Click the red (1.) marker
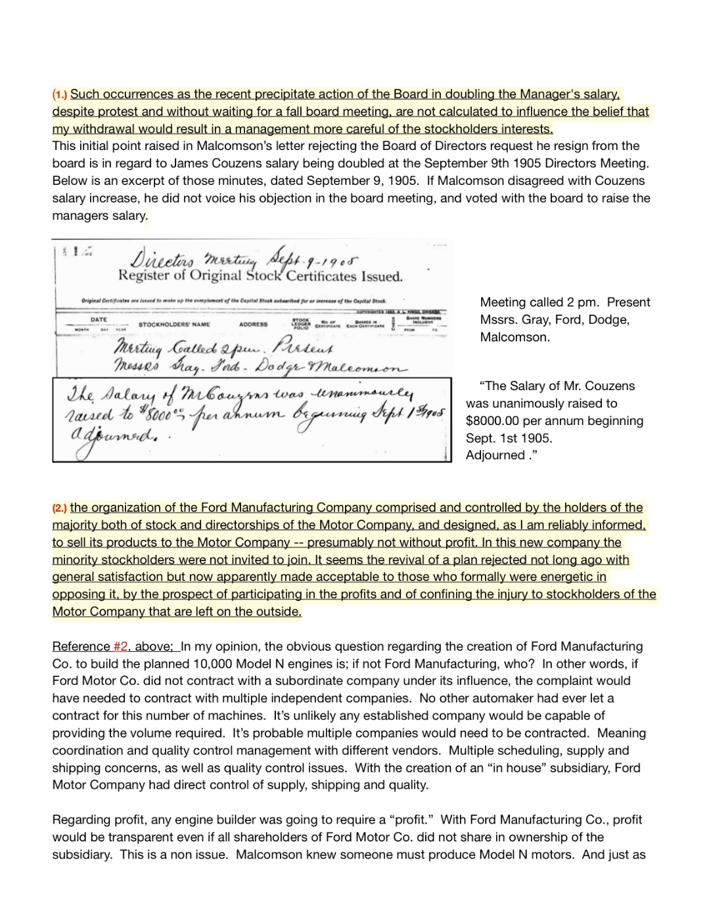pos(60,95)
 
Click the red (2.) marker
pos(60,508)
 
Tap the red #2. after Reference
pos(122,647)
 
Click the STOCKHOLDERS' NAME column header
pos(174,324)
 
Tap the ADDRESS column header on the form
pos(253,324)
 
